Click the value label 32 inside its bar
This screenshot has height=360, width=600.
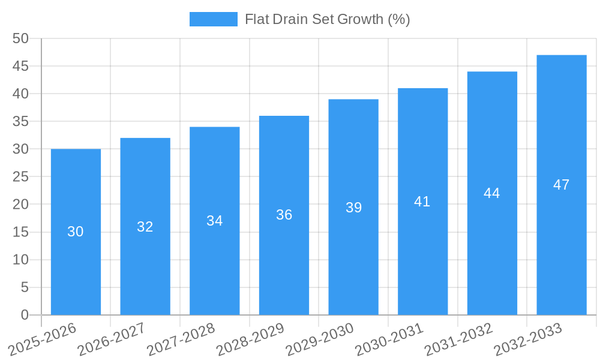(x=145, y=227)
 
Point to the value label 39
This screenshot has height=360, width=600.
(x=353, y=208)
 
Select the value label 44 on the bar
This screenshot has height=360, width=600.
(x=492, y=193)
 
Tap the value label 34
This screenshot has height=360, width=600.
(x=215, y=221)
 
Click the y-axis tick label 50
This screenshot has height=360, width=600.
(x=20, y=38)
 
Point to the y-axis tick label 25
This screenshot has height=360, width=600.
(x=20, y=177)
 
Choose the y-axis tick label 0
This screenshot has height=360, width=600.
(x=25, y=315)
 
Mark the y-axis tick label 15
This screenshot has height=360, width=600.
(x=20, y=232)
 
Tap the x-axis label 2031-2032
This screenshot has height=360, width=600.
(x=458, y=339)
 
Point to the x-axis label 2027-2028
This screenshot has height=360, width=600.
(x=181, y=339)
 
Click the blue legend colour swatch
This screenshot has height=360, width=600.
(x=213, y=19)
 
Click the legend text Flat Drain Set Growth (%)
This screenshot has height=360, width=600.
(x=327, y=19)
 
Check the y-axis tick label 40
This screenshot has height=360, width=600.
(x=20, y=94)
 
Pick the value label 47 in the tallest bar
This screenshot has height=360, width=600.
(x=561, y=185)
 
